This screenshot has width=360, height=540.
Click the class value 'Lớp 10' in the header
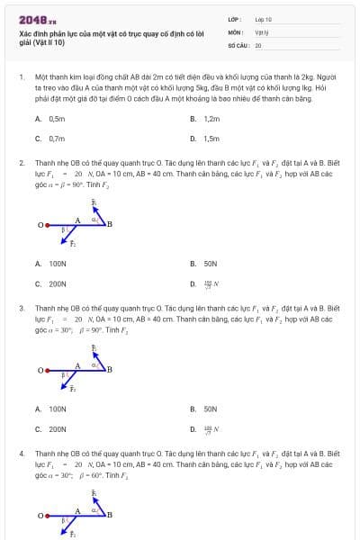264,19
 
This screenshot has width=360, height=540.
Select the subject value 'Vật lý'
262,31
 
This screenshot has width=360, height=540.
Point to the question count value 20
258,44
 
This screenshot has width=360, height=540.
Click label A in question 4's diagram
77,509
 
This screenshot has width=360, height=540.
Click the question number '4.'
22,453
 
